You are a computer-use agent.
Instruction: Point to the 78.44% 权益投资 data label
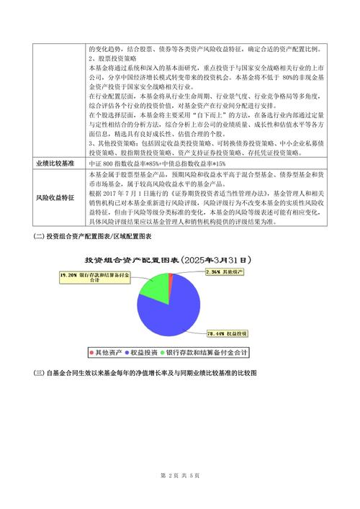pyautogui.click(x=228, y=334)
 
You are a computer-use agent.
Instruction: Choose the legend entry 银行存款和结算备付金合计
pyautogui.click(x=209, y=352)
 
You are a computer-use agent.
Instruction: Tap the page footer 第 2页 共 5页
pyautogui.click(x=179, y=475)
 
